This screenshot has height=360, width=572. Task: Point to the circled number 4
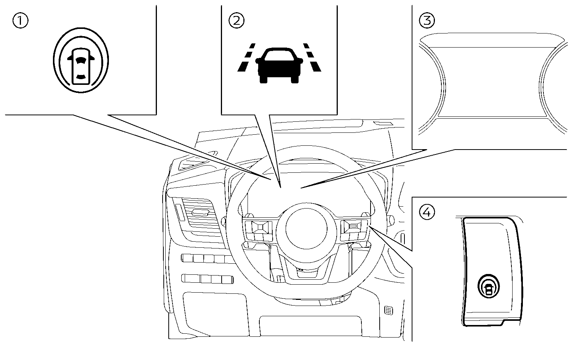(427, 212)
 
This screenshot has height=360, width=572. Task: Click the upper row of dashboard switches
(208, 259)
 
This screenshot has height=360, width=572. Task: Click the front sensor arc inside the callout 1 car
(80, 59)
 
